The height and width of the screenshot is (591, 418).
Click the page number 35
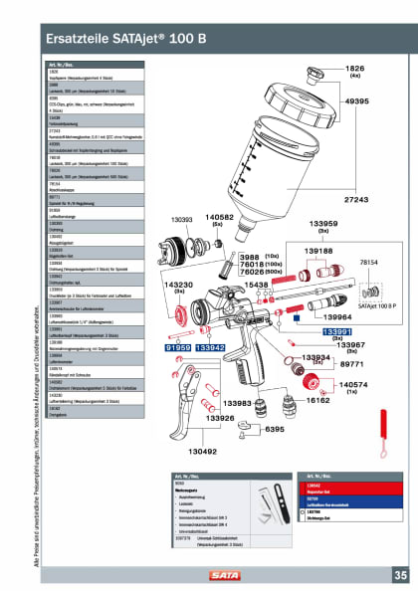pyautogui.click(x=399, y=574)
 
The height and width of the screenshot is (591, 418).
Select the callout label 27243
pyautogui.click(x=356, y=200)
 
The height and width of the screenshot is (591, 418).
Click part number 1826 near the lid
pyautogui.click(x=355, y=68)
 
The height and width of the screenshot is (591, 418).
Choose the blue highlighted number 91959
pyautogui.click(x=178, y=349)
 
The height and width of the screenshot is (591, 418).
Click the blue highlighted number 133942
pyautogui.click(x=209, y=349)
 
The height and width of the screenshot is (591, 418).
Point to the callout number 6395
pyautogui.click(x=275, y=429)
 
